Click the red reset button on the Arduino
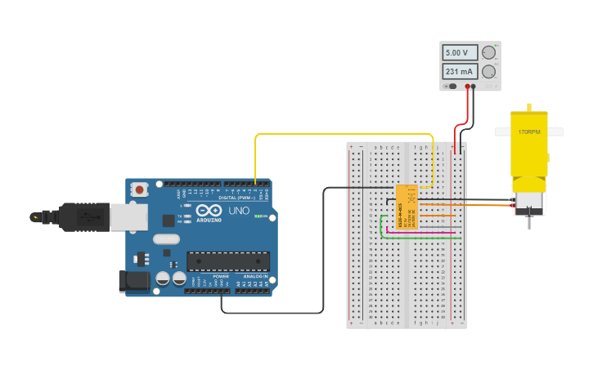[x=140, y=189]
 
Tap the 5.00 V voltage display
[x=460, y=52]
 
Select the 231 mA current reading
[x=460, y=72]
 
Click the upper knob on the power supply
[x=488, y=52]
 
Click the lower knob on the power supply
[x=488, y=72]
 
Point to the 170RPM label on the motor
[x=528, y=132]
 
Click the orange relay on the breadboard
[x=407, y=206]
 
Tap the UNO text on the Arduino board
[x=239, y=211]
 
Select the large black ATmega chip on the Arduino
[x=228, y=261]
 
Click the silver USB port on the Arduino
[x=128, y=216]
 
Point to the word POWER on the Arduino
[x=221, y=276]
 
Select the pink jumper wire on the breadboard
[x=417, y=231]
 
